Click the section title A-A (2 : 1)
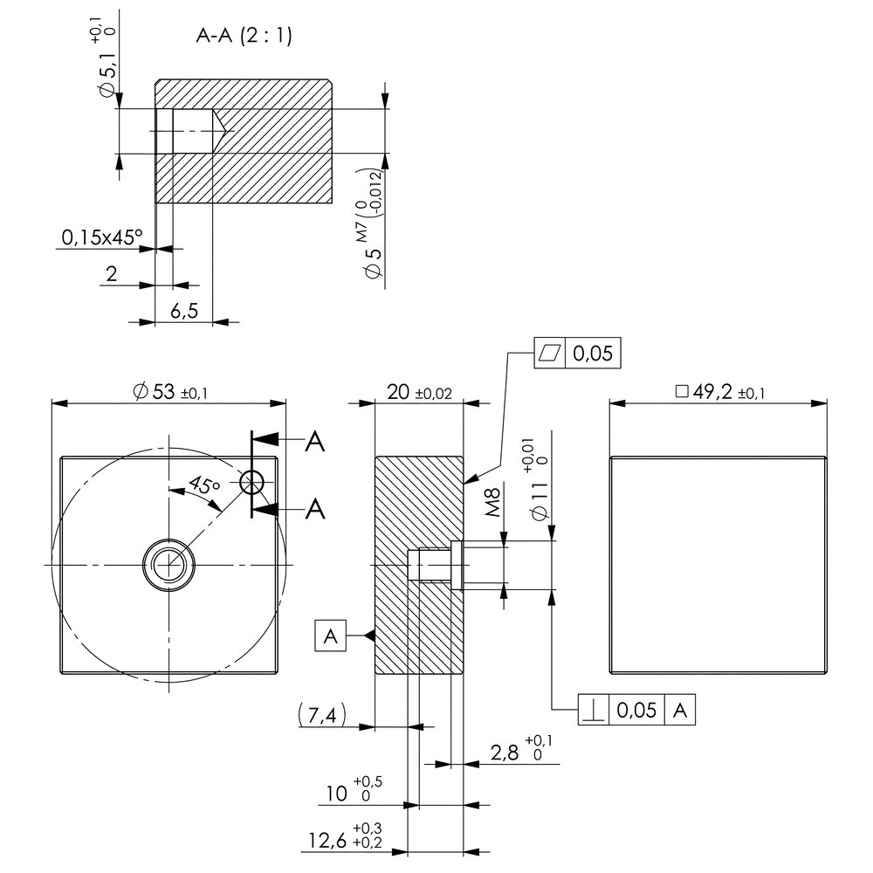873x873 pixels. pos(244,36)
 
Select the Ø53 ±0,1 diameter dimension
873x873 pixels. pos(168,392)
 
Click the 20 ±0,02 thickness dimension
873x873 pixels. pos(419,392)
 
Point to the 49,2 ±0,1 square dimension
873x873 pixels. pos(720,392)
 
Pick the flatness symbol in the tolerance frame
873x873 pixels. pos(549,353)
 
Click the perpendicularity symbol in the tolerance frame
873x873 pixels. pos(594,710)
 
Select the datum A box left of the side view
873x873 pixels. pos(331,636)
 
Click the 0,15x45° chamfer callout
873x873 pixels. pos(101,237)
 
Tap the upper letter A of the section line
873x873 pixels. pos(314,443)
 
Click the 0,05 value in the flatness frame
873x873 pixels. pos(593,353)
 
